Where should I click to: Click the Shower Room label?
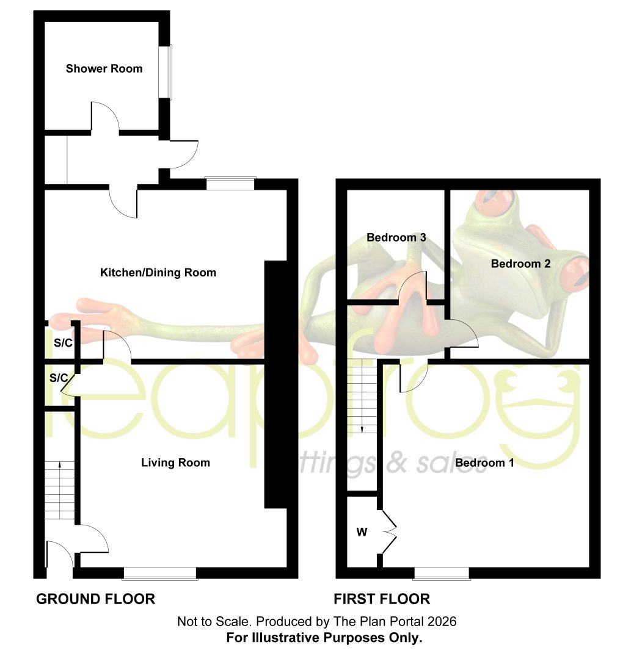104,68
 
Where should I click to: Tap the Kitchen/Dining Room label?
158,273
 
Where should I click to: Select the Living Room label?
175,463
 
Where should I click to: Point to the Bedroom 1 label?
484,463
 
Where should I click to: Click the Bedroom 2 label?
521,264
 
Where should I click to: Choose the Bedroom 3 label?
396,237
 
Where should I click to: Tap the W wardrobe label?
362,532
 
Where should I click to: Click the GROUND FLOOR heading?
95,599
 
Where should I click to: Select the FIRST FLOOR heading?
382,599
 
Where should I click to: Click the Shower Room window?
169,72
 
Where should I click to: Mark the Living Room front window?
160,574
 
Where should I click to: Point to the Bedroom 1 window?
442,574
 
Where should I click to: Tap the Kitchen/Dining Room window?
230,184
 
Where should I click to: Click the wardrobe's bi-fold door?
390,533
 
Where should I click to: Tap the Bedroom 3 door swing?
412,286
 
